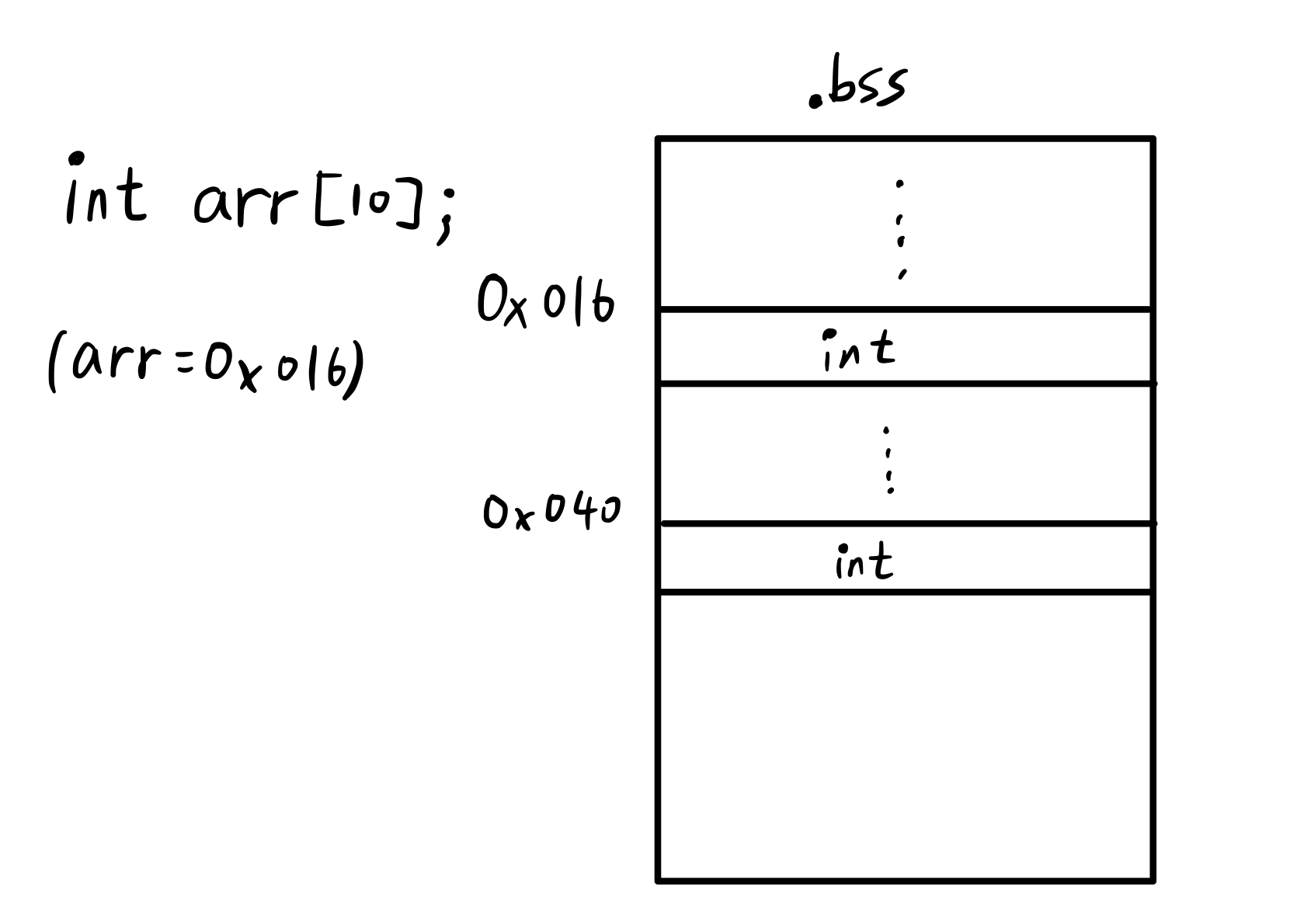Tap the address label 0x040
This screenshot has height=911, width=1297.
551,513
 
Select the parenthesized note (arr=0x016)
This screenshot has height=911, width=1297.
206,363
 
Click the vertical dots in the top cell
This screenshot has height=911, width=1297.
901,229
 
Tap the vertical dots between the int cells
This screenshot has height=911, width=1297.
888,460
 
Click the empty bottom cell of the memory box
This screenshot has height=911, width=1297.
905,734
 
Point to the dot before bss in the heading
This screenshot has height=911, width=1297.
815,100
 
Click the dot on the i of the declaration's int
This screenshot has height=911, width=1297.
75,159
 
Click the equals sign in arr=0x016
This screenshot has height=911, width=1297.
189,364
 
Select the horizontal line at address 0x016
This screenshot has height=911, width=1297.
905,309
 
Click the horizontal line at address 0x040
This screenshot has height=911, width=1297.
905,524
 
